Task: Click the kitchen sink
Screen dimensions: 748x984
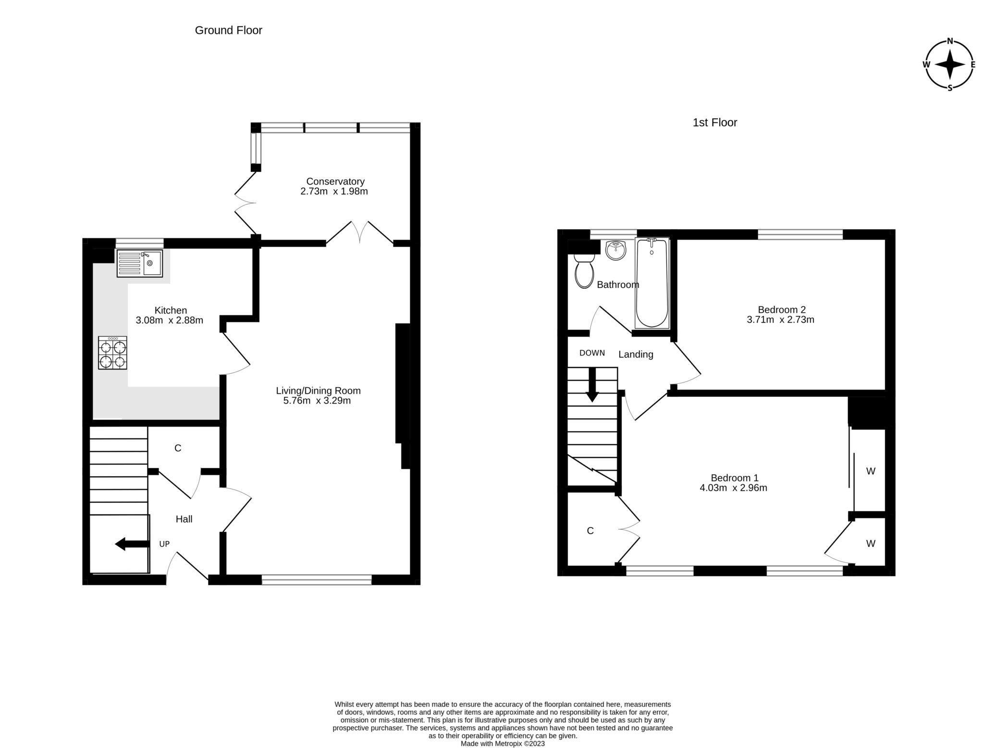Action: click(140, 263)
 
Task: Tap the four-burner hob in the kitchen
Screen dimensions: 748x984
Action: click(112, 353)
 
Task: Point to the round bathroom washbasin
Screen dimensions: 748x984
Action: click(616, 250)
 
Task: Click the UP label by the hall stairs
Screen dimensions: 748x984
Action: click(164, 544)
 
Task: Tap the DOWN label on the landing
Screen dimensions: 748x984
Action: click(592, 353)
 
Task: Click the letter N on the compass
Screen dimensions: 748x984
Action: click(950, 41)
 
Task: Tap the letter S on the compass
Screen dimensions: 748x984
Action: click(950, 88)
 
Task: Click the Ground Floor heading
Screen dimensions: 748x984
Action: click(228, 30)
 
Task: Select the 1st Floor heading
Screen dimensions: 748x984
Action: click(714, 123)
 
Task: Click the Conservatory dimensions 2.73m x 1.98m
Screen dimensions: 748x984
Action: click(334, 191)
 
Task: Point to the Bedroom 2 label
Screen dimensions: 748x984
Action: click(781, 309)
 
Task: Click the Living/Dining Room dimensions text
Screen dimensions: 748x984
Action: click(317, 401)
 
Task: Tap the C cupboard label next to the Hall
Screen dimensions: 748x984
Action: click(178, 448)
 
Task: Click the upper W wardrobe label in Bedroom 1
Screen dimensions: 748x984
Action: click(871, 471)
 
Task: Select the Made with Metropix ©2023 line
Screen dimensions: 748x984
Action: click(502, 743)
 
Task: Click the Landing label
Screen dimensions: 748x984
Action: click(636, 355)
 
